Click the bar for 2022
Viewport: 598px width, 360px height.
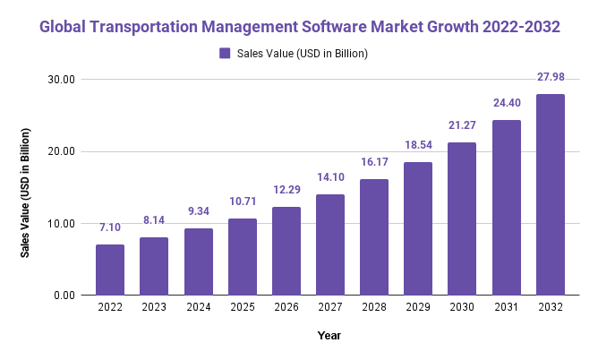[x=110, y=270]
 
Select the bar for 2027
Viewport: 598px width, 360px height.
[x=330, y=244]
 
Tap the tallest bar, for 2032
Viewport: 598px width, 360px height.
[x=551, y=194]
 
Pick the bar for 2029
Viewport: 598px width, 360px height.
[x=418, y=228]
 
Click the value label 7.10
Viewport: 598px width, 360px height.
[x=110, y=228]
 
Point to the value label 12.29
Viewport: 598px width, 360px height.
[x=286, y=191]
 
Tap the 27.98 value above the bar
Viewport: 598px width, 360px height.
[x=551, y=78]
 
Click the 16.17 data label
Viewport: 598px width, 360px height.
[x=374, y=163]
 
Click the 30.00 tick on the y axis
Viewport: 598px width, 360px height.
[x=63, y=79]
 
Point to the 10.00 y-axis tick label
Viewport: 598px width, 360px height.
[x=63, y=223]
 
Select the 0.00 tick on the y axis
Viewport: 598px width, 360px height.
[x=65, y=296]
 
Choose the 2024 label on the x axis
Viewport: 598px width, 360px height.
[x=199, y=308]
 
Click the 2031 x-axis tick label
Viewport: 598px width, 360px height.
[x=507, y=308]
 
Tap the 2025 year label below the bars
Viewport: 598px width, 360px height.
[x=243, y=308]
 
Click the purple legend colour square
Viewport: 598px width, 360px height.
[x=225, y=54]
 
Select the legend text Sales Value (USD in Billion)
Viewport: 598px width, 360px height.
[x=303, y=54]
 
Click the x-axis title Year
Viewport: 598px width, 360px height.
[x=329, y=335]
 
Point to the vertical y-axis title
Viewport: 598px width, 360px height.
[x=27, y=193]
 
